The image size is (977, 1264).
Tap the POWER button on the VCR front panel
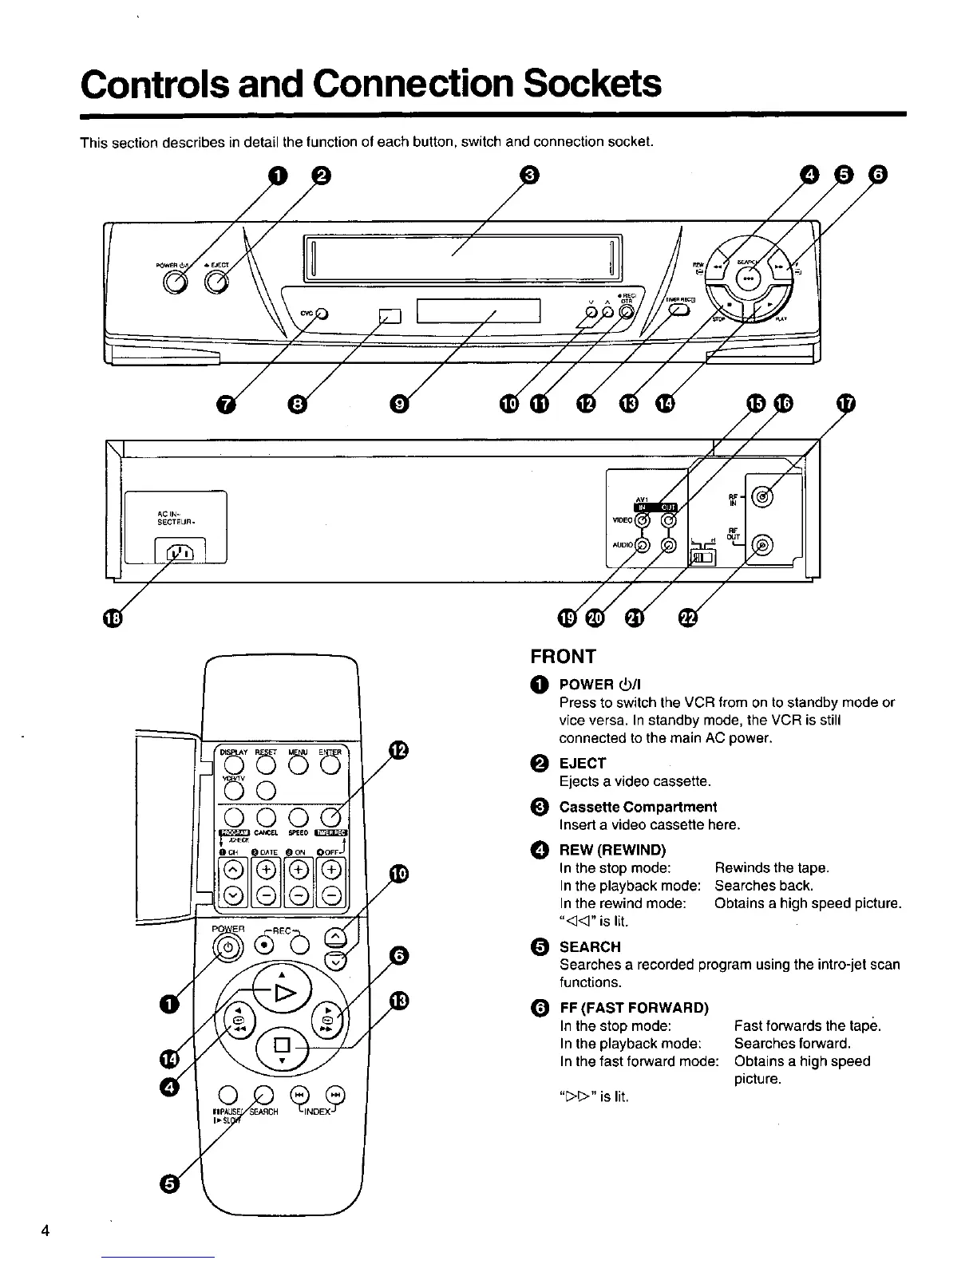[x=175, y=282]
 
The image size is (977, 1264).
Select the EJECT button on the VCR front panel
[x=216, y=282]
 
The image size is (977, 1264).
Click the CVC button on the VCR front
[x=321, y=313]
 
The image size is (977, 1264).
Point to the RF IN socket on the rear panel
[x=764, y=496]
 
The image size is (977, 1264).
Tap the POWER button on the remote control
[x=228, y=948]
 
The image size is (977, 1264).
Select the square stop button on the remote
[x=281, y=1045]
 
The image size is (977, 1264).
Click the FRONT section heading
[x=563, y=657]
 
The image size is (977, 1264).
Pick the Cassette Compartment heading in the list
[x=638, y=807]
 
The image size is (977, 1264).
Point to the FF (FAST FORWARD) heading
[x=634, y=1008]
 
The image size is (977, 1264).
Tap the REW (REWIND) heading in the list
[x=612, y=850]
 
